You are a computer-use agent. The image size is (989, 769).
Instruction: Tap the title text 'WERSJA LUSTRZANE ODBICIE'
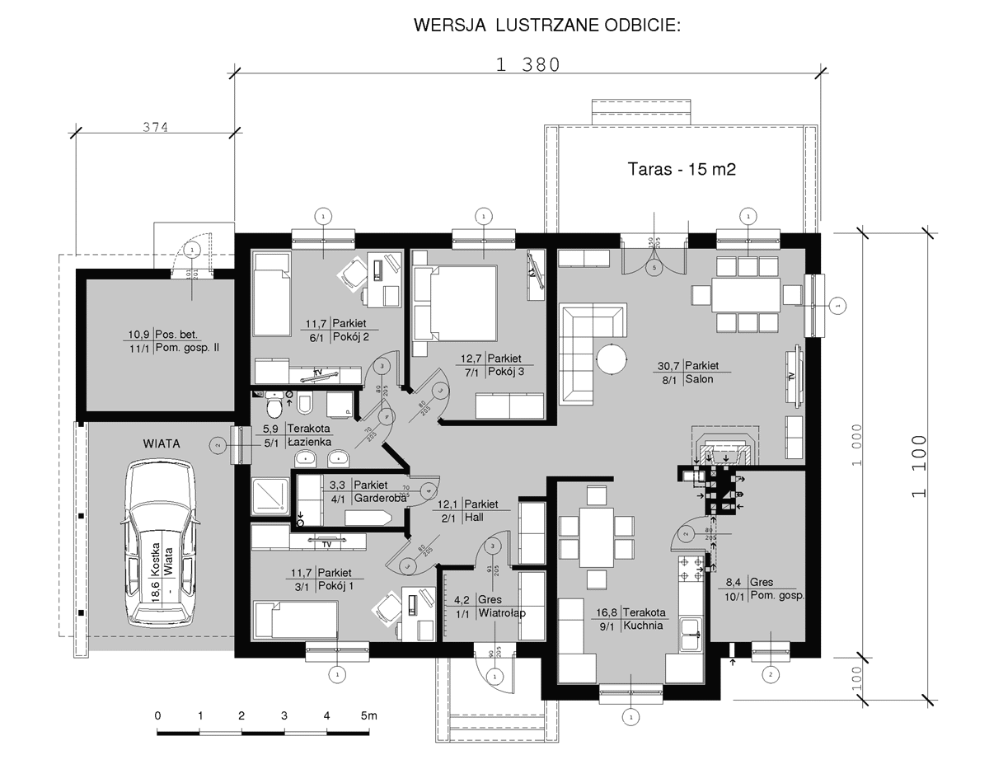click(547, 26)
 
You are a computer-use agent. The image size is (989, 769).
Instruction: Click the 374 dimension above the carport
click(155, 127)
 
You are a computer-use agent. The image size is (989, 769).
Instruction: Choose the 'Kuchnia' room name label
click(644, 626)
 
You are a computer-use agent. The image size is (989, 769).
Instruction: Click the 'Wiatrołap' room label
click(502, 614)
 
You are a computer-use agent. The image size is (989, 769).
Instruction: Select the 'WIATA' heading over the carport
click(162, 443)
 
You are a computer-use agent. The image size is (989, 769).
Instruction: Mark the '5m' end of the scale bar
click(368, 715)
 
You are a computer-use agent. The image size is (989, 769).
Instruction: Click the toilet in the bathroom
click(275, 405)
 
